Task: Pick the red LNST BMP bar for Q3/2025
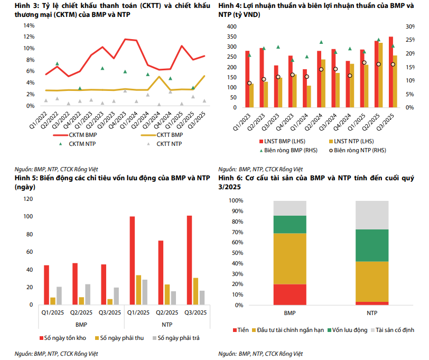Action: point(390,72)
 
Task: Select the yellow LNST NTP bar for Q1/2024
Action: point(309,96)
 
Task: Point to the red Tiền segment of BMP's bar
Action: point(290,294)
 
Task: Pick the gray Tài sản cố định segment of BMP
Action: point(290,208)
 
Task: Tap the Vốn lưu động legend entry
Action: point(349,330)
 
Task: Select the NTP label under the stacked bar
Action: point(372,313)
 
